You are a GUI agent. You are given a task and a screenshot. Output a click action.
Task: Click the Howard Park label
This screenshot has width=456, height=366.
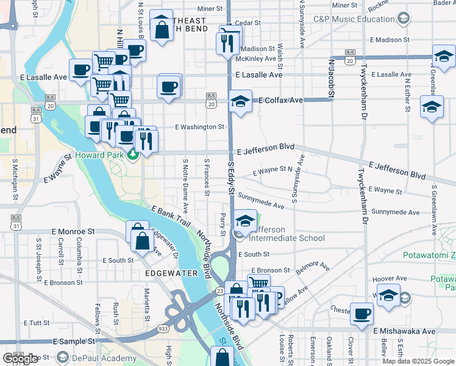(100, 156)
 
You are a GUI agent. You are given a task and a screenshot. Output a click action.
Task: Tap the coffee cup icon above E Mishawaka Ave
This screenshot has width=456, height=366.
(362, 314)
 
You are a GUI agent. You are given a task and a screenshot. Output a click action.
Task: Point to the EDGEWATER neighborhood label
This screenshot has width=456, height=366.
(172, 273)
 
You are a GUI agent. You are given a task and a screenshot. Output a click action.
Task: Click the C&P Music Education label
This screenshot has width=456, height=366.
(352, 19)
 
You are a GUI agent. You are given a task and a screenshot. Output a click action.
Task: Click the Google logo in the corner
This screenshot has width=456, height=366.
(20, 358)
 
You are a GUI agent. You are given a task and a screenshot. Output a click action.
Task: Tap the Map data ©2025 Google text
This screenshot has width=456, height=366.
(418, 361)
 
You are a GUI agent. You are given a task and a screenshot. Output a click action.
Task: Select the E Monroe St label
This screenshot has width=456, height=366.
(74, 232)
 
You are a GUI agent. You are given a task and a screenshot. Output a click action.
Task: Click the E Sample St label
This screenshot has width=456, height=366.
(74, 342)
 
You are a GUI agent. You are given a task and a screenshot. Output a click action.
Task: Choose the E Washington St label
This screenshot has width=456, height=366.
(199, 127)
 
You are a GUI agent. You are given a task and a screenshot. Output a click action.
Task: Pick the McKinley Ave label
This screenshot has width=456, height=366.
(256, 59)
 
